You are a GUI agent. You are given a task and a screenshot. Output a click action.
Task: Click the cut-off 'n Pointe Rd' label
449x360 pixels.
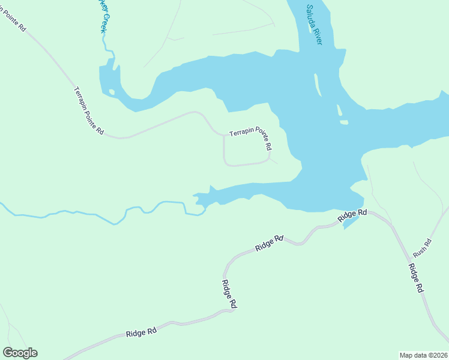click(x=13, y=17)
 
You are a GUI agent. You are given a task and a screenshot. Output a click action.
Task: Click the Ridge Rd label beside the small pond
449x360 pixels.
click(x=352, y=216)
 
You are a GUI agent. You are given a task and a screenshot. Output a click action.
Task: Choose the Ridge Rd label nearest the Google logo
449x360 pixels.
click(x=142, y=332)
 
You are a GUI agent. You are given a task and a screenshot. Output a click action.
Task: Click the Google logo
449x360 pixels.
click(x=20, y=353)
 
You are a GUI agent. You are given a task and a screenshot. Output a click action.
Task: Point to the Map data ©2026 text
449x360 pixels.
click(x=423, y=355)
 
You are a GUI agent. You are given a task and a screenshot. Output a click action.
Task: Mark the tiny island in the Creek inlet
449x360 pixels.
click(x=111, y=92)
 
